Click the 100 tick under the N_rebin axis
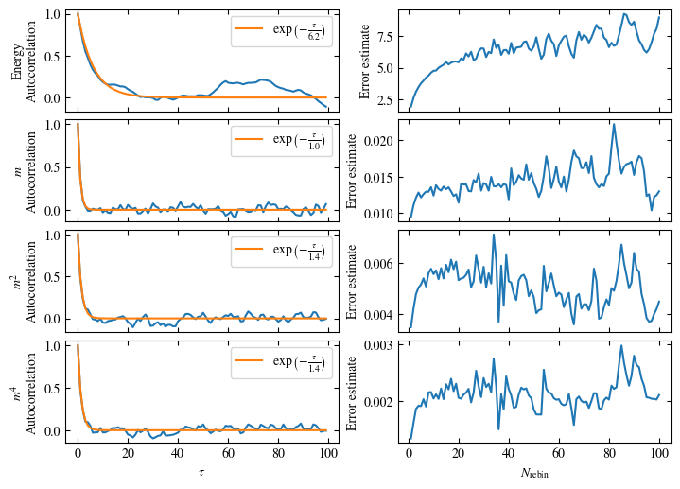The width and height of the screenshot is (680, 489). pos(660,454)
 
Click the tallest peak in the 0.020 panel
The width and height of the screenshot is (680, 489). pos(614,124)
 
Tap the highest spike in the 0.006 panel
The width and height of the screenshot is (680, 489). pos(494,235)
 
